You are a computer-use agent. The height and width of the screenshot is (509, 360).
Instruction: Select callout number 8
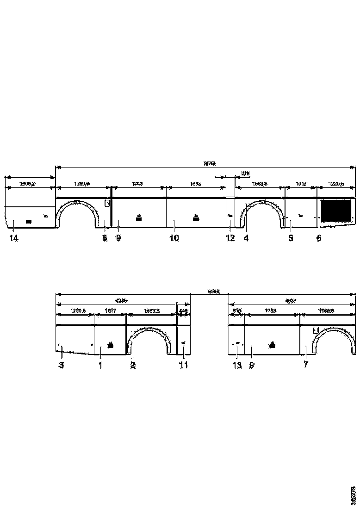tap(105, 238)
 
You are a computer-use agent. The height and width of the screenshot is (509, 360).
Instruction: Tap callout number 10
tap(174, 238)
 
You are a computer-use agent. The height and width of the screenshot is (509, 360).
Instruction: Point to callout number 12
tap(230, 238)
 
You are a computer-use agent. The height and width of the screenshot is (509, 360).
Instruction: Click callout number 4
tap(246, 238)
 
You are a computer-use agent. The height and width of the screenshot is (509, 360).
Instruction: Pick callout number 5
tap(291, 238)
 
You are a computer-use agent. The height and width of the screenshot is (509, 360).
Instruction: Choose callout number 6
tap(319, 238)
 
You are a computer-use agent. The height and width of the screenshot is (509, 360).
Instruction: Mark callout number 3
tap(61, 365)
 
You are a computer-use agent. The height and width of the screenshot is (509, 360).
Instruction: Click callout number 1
tap(100, 365)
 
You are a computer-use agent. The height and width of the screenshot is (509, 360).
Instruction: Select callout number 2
tap(133, 365)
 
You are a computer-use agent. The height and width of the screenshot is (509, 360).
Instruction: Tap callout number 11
tap(184, 365)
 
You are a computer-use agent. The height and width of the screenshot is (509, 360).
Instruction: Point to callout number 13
tap(237, 365)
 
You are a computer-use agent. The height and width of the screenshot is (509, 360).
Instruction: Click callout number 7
tap(305, 365)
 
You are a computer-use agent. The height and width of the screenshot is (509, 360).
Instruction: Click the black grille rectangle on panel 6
tap(336, 210)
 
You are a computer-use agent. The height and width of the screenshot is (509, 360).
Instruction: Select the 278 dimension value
tap(245, 174)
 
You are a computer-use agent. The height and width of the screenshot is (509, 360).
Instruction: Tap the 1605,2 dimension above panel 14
tap(27, 184)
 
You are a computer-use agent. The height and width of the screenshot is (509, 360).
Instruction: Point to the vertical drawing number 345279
tap(354, 495)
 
